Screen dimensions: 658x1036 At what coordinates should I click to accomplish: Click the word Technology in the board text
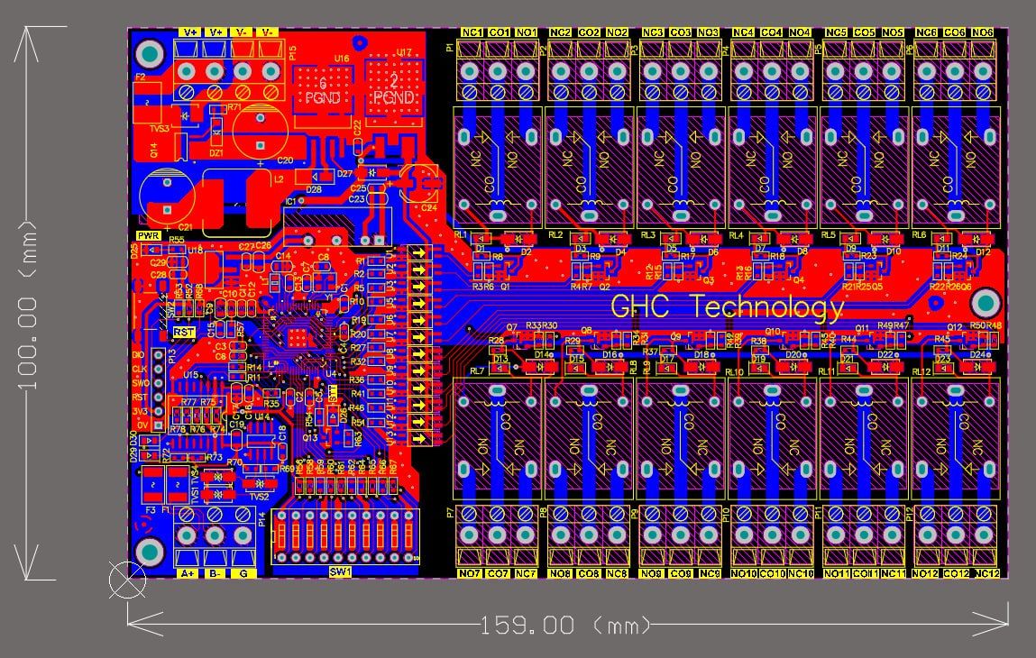click(768, 307)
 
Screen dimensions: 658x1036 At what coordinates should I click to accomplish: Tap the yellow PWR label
click(149, 236)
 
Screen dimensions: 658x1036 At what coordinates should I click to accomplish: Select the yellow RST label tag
click(183, 332)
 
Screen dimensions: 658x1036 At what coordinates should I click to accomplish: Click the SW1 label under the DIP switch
click(340, 571)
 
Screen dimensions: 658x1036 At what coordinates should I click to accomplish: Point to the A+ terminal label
click(188, 573)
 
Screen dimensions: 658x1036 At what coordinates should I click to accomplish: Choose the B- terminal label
click(215, 573)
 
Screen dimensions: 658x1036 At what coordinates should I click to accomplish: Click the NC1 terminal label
click(472, 32)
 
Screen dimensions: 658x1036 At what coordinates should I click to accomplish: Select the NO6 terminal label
click(983, 32)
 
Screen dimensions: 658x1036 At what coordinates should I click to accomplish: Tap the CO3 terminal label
click(681, 32)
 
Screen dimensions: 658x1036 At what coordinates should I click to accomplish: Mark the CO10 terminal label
click(772, 574)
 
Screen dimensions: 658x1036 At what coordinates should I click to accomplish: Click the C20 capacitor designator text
click(285, 160)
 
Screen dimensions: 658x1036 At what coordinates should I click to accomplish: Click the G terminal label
click(243, 573)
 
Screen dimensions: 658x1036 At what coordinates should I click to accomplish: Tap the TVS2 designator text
click(258, 497)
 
